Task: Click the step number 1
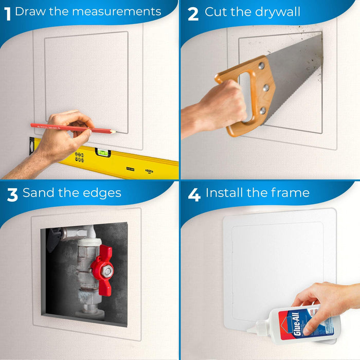coord(7,12)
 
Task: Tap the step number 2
coord(193,13)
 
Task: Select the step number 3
coord(12,194)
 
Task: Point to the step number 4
coord(194,194)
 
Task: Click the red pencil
coord(72,127)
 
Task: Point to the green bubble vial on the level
coord(104,152)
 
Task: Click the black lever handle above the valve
coord(56,240)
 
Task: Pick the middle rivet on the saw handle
coord(265,88)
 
